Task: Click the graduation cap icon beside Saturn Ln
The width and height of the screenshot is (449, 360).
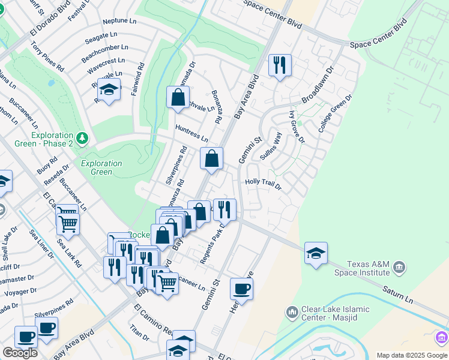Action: click(x=316, y=253)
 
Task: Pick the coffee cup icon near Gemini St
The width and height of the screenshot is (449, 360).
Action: click(x=241, y=289)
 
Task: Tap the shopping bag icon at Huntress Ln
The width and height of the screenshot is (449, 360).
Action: click(x=211, y=159)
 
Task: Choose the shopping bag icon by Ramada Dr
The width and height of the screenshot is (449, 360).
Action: click(x=178, y=98)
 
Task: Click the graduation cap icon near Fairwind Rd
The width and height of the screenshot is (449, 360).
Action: click(x=109, y=90)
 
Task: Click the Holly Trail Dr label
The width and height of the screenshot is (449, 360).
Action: click(x=263, y=183)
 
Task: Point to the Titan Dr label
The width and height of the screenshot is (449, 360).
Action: click(x=139, y=333)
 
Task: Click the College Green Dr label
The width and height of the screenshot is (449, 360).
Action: click(x=334, y=113)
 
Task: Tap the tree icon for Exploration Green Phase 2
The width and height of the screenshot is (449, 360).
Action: click(x=82, y=139)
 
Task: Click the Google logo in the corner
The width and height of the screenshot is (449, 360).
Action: click(x=20, y=353)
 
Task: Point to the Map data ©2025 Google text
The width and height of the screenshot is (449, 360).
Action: click(x=412, y=355)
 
